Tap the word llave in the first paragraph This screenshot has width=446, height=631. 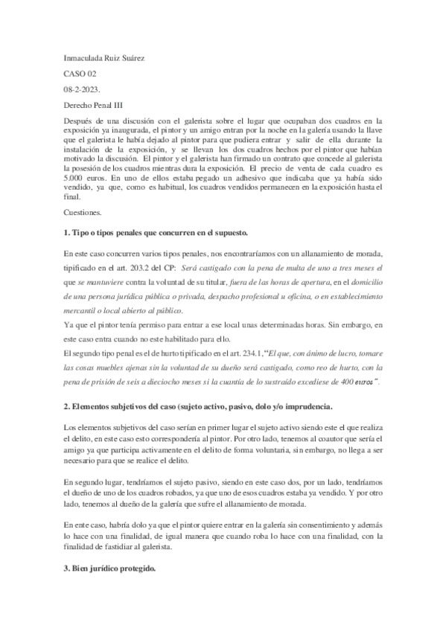tap(373, 129)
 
